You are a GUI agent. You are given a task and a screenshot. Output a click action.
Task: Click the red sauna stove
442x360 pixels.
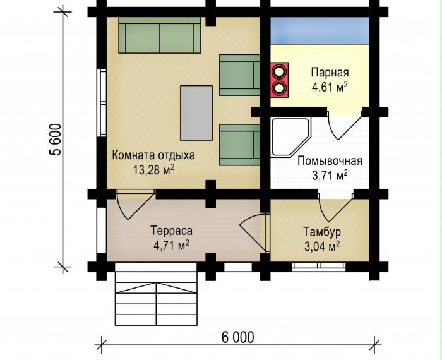click(x=279, y=80)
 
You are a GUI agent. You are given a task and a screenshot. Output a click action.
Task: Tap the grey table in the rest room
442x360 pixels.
click(x=196, y=113)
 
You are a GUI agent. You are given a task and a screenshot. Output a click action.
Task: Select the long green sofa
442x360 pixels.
click(x=160, y=35)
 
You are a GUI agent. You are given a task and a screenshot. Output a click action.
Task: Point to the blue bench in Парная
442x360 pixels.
click(x=320, y=30)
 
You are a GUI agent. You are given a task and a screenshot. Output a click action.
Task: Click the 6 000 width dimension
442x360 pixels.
click(x=237, y=337)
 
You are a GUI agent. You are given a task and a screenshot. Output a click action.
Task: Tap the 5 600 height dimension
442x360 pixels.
click(x=55, y=140)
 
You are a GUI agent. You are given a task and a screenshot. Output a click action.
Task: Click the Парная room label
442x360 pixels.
click(x=330, y=73)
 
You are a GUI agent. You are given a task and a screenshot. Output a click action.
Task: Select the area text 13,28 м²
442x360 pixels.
click(x=153, y=170)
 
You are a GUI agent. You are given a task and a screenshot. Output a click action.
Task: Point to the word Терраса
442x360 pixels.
click(x=171, y=231)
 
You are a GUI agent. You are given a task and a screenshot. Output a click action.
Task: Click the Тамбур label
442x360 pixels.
click(x=322, y=232)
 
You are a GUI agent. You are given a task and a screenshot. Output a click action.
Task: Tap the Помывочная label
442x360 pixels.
click(x=330, y=161)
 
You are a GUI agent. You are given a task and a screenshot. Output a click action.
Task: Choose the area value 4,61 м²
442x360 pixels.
click(x=330, y=87)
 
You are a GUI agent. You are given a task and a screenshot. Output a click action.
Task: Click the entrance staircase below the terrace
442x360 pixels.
click(x=156, y=294)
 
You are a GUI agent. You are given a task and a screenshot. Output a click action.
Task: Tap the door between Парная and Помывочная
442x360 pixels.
click(x=345, y=126)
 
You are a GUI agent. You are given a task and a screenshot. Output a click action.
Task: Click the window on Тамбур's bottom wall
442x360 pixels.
click(x=319, y=266)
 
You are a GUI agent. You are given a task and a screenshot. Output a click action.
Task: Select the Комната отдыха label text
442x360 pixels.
click(x=153, y=155)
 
